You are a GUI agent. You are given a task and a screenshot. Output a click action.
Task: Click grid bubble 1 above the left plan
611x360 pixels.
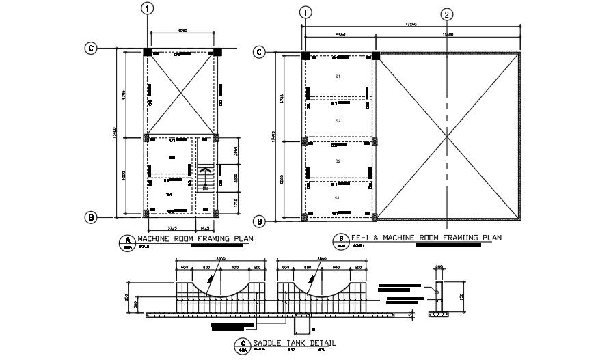coord(147,8)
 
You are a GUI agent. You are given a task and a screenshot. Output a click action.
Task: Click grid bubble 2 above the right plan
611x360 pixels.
coord(447,14)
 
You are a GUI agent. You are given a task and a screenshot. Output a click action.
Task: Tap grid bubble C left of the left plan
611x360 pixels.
coord(90,49)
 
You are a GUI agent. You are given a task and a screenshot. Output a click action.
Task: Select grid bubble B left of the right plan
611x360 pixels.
coord(259,221)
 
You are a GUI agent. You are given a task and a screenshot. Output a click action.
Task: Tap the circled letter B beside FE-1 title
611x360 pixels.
coord(339,240)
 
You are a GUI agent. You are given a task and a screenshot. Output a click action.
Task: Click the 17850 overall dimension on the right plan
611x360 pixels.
coord(411,25)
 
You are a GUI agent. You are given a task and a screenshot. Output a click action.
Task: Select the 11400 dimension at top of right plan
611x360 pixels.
coord(447,33)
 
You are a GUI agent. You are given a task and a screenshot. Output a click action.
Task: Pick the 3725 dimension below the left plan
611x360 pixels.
coord(173,226)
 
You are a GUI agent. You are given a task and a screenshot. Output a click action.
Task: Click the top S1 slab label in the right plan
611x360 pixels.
coord(338,75)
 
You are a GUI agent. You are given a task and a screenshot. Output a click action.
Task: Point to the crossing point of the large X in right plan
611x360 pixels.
coord(447,137)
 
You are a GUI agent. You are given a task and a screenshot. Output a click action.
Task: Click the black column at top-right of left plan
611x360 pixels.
coord(217,52)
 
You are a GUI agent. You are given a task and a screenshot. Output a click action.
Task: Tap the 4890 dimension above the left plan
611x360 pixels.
coord(182,31)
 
